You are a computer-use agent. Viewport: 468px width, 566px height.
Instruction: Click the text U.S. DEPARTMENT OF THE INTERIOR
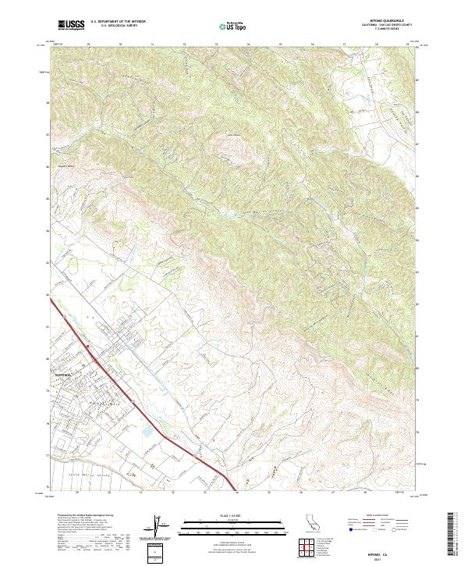(x=119, y=22)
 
